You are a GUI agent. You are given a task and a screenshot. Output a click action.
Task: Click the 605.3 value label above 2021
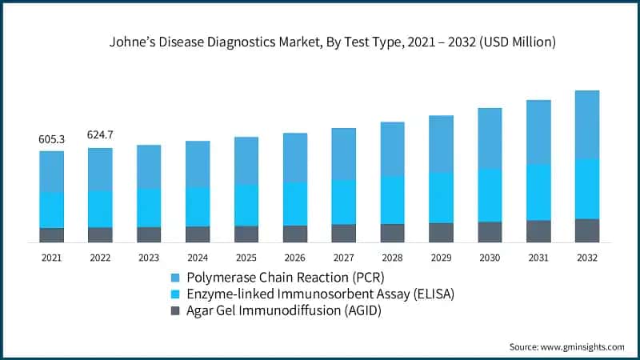click(x=51, y=139)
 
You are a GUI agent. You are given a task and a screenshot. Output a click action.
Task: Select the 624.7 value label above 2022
click(x=100, y=135)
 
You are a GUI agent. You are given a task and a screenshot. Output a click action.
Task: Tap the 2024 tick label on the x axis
click(x=198, y=258)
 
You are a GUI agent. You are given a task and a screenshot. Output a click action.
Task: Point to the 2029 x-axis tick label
click(x=441, y=258)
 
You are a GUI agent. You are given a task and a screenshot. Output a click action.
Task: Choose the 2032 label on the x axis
click(x=586, y=258)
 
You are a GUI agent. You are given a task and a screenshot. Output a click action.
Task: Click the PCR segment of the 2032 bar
click(x=586, y=124)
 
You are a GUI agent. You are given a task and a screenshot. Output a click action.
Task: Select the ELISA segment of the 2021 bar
click(x=51, y=210)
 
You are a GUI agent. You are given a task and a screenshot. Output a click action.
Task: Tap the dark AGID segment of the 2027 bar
click(x=343, y=233)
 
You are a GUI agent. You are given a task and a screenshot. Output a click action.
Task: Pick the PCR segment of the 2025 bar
click(x=246, y=161)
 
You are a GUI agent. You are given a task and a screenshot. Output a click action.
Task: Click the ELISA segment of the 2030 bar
click(x=490, y=195)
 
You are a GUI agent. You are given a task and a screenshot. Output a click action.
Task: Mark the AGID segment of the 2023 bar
click(x=149, y=234)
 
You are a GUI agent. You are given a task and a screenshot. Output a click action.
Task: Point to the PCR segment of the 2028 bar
click(x=392, y=149)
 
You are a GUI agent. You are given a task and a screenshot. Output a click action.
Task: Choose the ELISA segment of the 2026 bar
click(x=294, y=203)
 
